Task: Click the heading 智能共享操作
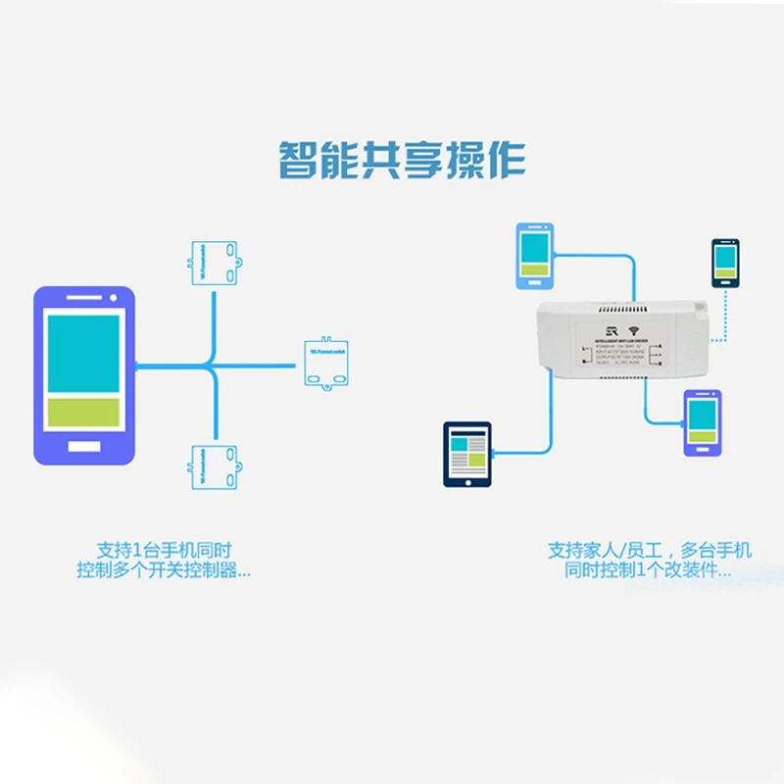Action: point(402,160)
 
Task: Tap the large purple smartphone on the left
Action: point(84,375)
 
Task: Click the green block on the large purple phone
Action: point(84,412)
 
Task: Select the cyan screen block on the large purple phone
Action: point(84,353)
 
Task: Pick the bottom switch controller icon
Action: point(214,465)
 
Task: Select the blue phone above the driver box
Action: point(535,256)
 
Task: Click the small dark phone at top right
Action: point(725,263)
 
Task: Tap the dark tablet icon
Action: point(468,454)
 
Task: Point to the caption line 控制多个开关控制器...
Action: point(164,570)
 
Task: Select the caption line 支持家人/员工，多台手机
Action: point(650,550)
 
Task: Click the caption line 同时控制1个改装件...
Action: point(650,570)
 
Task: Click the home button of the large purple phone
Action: point(84,447)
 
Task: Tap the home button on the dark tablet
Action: point(468,481)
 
